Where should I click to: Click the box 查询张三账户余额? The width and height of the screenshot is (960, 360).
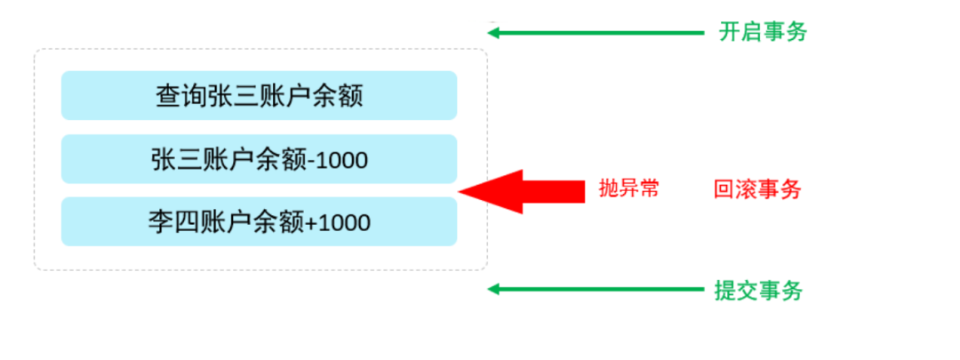tap(259, 95)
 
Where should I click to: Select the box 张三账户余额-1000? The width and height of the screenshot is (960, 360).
tap(259, 159)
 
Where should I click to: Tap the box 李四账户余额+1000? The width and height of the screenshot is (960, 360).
tap(259, 221)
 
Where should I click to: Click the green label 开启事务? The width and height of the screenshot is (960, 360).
tap(763, 33)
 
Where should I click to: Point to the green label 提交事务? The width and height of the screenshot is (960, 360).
tap(758, 290)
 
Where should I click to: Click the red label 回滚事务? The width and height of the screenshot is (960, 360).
tap(757, 189)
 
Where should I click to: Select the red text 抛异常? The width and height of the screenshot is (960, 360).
tap(629, 188)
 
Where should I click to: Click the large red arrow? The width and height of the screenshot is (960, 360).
tap(524, 190)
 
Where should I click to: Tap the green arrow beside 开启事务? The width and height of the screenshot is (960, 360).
tap(596, 33)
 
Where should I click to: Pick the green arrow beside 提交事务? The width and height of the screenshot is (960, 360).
tap(596, 289)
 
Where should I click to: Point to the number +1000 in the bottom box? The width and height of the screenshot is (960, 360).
tap(338, 222)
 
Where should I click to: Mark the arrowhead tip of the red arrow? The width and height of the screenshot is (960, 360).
tap(461, 190)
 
